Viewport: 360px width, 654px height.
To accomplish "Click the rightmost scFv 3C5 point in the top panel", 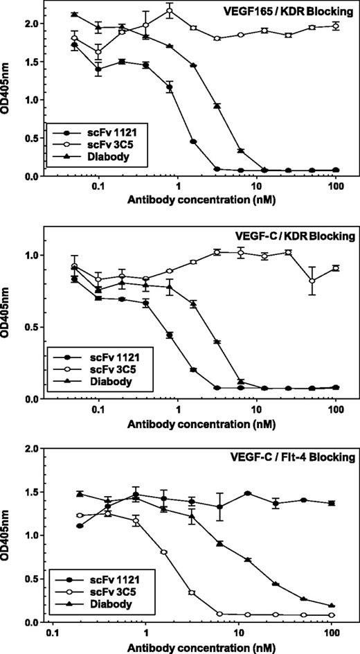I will click(336, 26).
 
